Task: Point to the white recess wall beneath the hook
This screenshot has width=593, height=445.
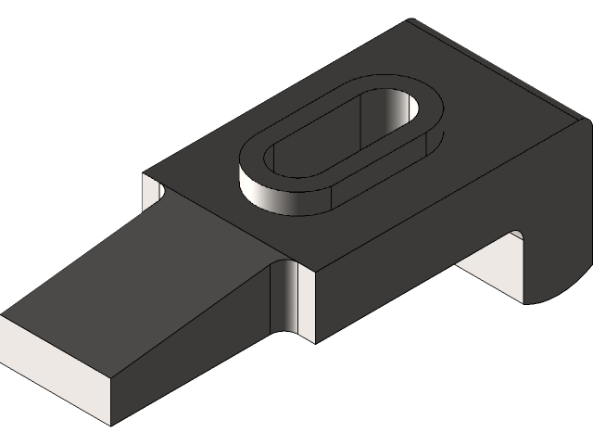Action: (x=491, y=269)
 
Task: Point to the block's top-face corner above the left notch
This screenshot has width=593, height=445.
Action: (x=143, y=173)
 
